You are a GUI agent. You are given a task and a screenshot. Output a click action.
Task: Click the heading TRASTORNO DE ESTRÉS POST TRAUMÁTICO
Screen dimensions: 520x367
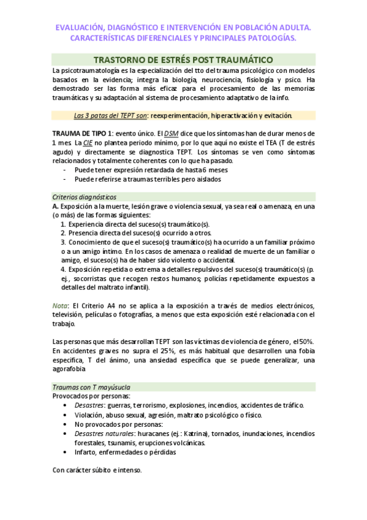(x=183, y=59)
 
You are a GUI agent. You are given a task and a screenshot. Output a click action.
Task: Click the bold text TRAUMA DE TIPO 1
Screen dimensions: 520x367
(x=83, y=133)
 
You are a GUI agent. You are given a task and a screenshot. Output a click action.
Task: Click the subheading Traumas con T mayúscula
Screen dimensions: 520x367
(x=91, y=388)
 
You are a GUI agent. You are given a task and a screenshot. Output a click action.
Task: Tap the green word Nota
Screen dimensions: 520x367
(x=60, y=306)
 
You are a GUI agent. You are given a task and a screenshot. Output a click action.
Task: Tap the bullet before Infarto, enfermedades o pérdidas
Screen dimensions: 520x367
(x=66, y=452)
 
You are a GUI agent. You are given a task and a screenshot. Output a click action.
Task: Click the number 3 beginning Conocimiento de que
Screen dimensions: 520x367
(x=63, y=242)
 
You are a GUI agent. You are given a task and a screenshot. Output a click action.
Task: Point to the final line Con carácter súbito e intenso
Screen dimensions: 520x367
(x=97, y=470)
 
